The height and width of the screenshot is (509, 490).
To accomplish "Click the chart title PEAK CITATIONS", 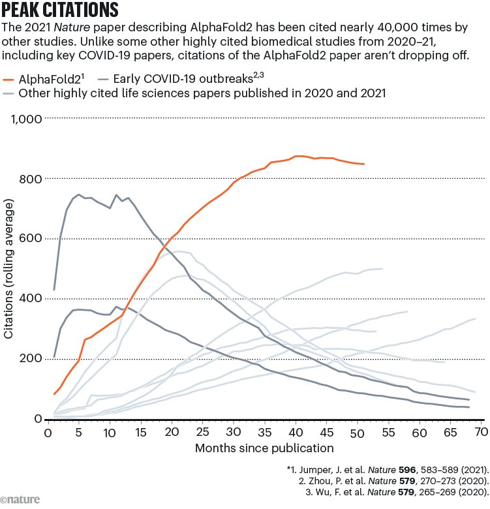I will [61, 10].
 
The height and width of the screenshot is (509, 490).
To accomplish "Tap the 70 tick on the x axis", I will [481, 433].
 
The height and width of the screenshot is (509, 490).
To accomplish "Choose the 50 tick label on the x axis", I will [357, 433].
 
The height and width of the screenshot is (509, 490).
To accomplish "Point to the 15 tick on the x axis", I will [140, 433].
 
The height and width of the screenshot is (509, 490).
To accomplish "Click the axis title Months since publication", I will [264, 448].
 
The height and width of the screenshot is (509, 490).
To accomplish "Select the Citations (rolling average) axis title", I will [9, 268].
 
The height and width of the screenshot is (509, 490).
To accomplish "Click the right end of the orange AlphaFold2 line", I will [363, 164].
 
